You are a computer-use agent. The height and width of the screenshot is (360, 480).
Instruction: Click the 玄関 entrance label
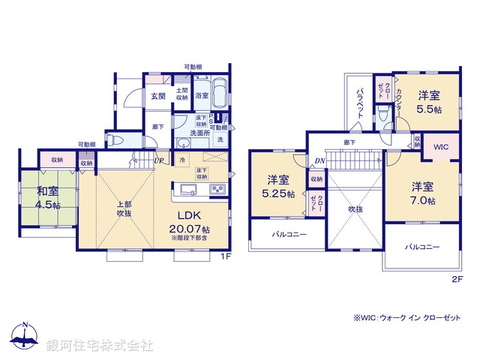tap(157, 96)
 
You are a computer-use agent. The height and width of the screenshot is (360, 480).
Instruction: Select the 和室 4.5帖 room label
tap(47, 196)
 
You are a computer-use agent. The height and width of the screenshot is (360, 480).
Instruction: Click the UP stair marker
tap(159, 160)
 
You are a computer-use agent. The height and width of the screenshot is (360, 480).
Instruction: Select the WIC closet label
tap(439, 147)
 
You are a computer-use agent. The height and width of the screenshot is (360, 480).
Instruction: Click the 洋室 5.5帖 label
tap(429, 102)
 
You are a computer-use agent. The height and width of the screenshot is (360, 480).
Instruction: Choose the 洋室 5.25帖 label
tap(277, 186)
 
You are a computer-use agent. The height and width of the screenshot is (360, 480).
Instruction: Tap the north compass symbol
tap(25, 337)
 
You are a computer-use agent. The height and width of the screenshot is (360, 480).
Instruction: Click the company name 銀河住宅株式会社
tap(100, 345)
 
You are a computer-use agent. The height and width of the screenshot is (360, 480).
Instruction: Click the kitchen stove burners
tap(218, 188)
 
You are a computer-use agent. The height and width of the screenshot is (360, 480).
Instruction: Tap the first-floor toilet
tap(114, 140)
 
